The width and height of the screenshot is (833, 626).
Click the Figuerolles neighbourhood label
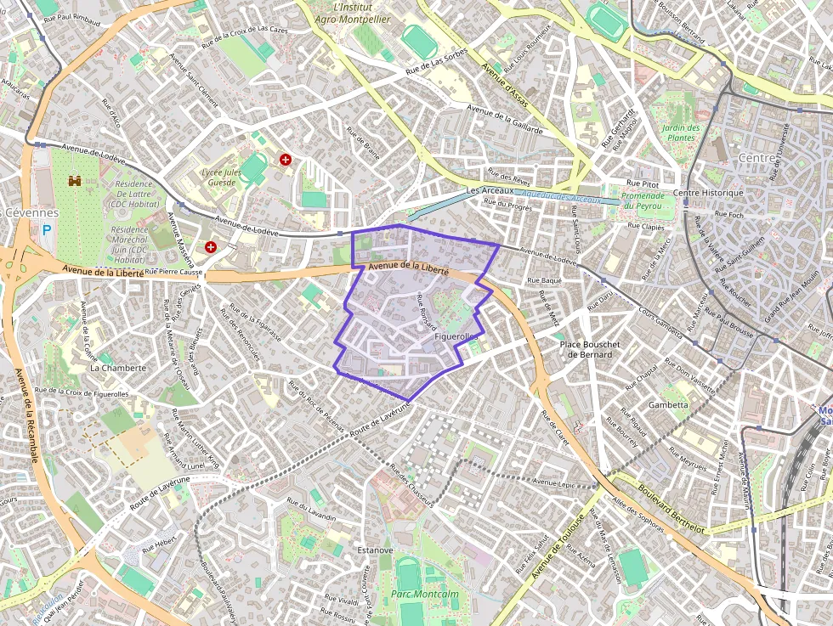[x=456, y=337]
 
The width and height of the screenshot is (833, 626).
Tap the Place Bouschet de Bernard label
[x=590, y=349]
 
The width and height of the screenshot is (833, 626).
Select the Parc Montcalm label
[x=419, y=594]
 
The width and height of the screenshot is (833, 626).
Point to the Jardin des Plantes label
[x=679, y=133]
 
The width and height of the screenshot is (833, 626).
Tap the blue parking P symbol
[x=47, y=228]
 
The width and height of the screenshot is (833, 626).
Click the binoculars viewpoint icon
[x=75, y=181]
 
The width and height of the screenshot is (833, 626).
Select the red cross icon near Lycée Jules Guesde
[x=286, y=159]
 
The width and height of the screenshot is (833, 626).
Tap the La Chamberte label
[x=118, y=368]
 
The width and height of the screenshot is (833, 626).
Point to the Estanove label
[x=375, y=550]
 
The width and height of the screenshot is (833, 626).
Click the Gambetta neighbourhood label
[x=668, y=404]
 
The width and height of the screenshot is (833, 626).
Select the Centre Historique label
[x=708, y=193]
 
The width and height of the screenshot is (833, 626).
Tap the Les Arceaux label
[x=490, y=190]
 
